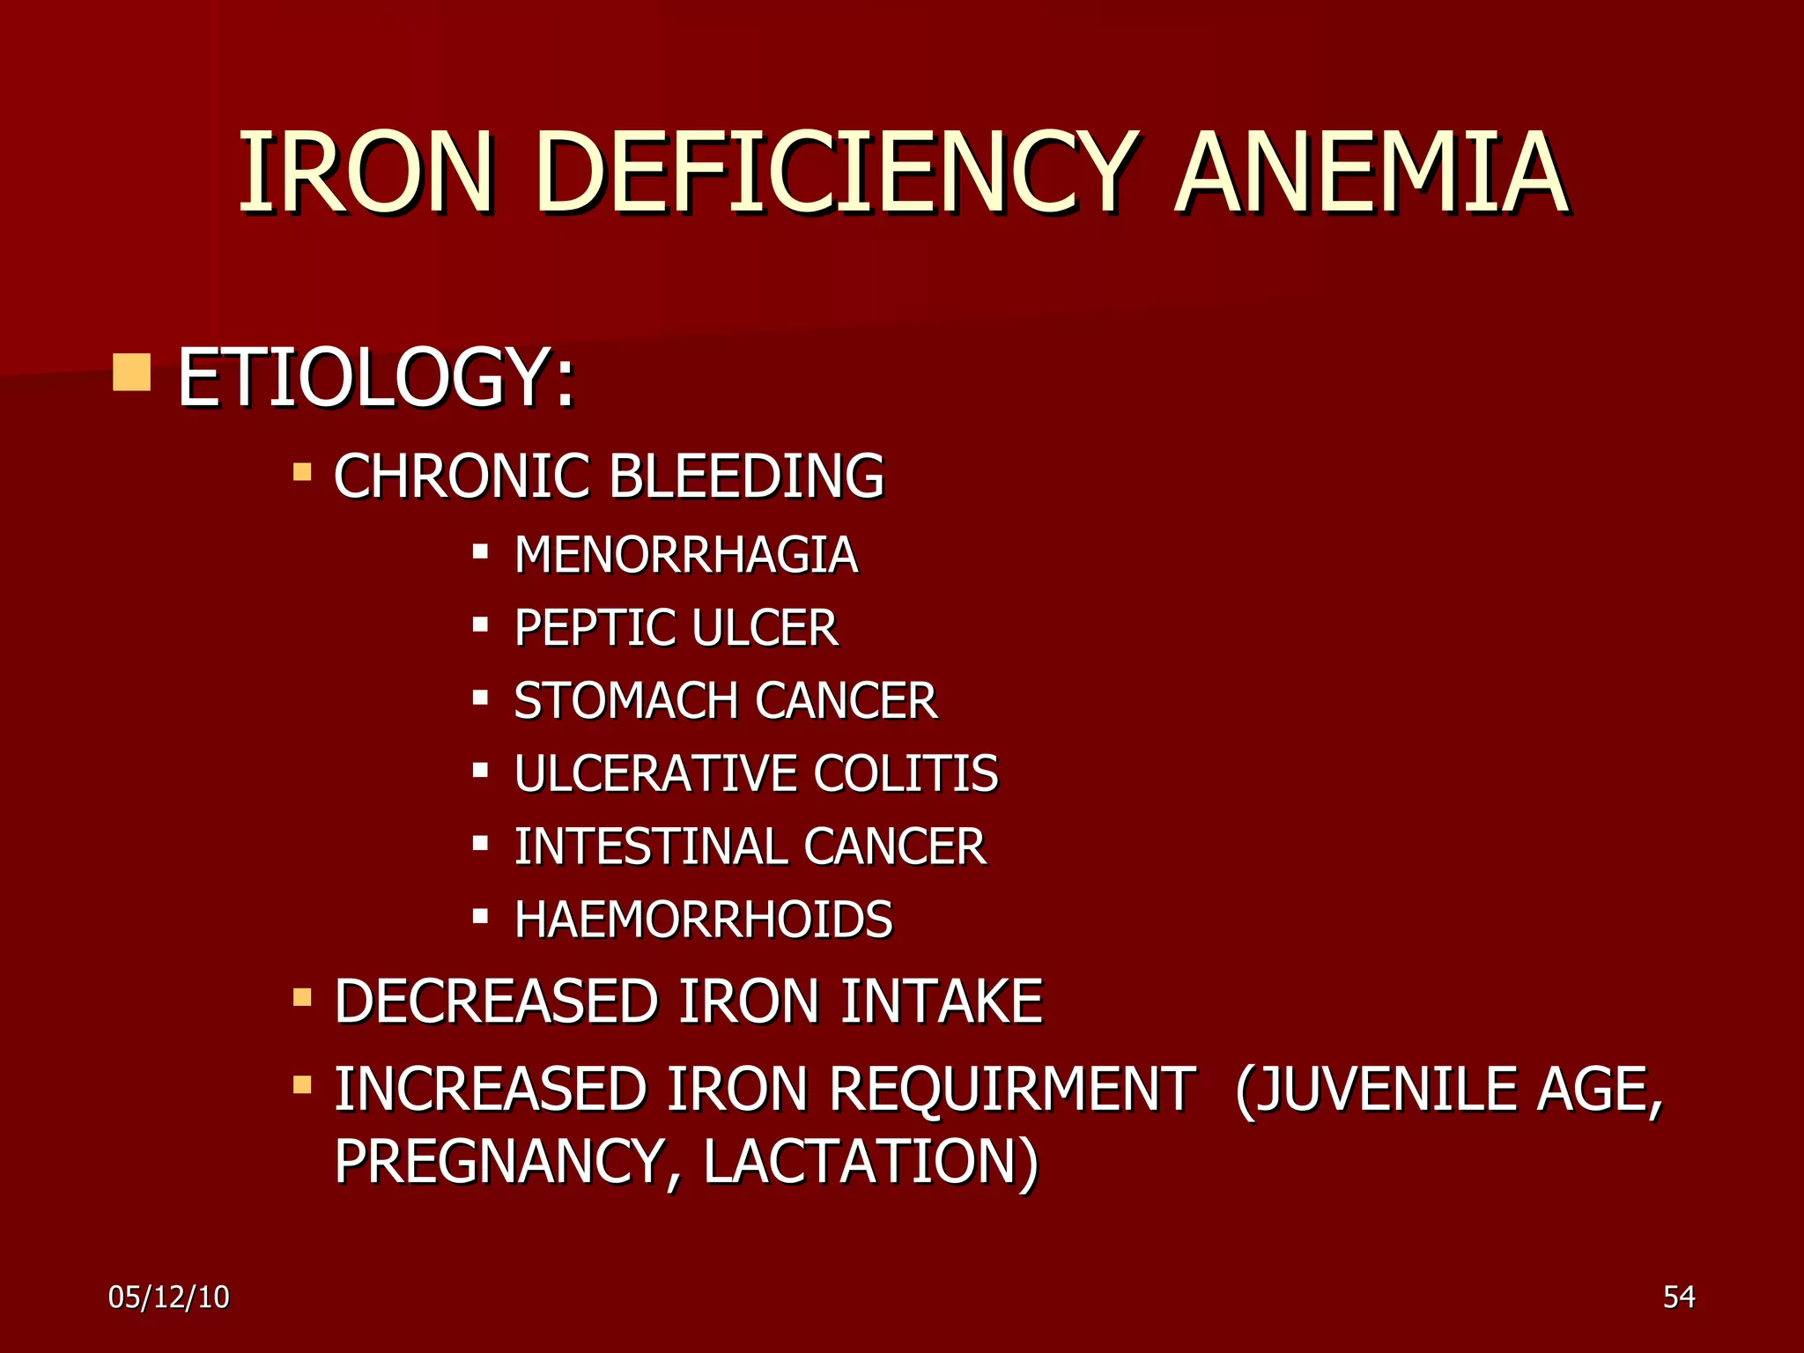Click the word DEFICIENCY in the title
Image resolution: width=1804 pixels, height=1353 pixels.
coord(832,173)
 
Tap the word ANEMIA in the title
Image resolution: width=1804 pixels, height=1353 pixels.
coord(1371,173)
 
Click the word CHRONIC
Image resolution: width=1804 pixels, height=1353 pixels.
coord(461,477)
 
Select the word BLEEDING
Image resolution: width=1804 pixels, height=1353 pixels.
coord(746,477)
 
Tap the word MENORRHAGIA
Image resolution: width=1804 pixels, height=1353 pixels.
coord(686,555)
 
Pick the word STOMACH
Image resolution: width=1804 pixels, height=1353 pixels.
coord(626,701)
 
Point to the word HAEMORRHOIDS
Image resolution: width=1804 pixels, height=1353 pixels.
coord(704,920)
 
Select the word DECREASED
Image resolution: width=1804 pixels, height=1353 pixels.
coord(496,1002)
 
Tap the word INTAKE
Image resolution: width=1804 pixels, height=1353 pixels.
coord(941,1002)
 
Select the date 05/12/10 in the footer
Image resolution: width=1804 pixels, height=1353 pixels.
coord(169,1298)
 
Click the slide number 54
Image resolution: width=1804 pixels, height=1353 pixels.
coord(1679,1298)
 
